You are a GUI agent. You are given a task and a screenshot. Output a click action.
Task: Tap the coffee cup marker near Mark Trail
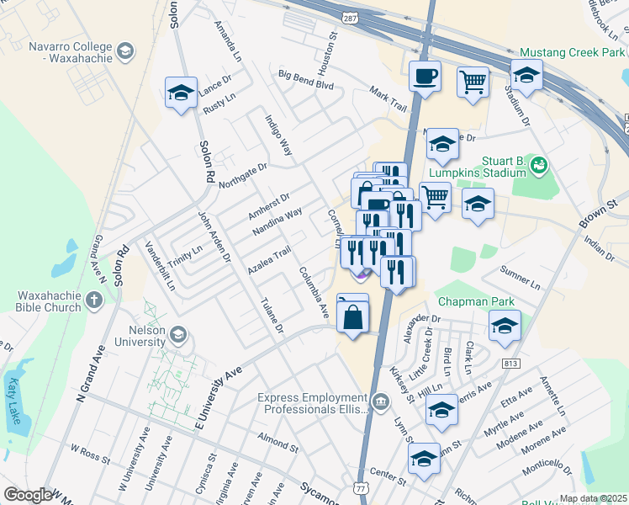(425, 77)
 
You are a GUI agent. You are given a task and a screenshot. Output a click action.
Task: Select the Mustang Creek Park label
(571, 52)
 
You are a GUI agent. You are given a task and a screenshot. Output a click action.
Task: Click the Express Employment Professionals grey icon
(380, 402)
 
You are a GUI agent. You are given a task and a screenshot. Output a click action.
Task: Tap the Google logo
(28, 495)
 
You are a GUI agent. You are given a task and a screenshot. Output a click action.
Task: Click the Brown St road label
(598, 214)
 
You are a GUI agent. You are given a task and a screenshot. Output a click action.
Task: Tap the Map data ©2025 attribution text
(593, 498)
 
